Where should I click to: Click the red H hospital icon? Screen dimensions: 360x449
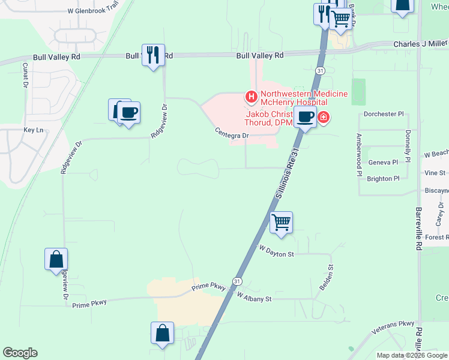click(x=251, y=96)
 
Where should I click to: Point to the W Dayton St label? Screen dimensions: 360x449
click(x=276, y=251)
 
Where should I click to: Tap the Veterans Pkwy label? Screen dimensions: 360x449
click(x=393, y=326)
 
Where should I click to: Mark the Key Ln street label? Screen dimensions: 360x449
click(x=34, y=130)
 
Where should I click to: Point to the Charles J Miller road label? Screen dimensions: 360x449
click(x=420, y=44)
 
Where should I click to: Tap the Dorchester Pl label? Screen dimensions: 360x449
click(x=385, y=114)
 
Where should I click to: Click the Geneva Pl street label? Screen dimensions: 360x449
click(x=383, y=162)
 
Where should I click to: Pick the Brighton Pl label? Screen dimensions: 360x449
click(x=383, y=179)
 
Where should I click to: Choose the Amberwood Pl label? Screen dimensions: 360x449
click(x=359, y=155)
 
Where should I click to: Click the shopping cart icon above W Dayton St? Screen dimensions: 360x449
click(x=281, y=223)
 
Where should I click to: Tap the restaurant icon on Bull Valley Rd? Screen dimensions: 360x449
click(x=152, y=55)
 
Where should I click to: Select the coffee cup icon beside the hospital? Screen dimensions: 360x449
click(x=305, y=116)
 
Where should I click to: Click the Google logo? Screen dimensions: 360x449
click(x=20, y=353)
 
